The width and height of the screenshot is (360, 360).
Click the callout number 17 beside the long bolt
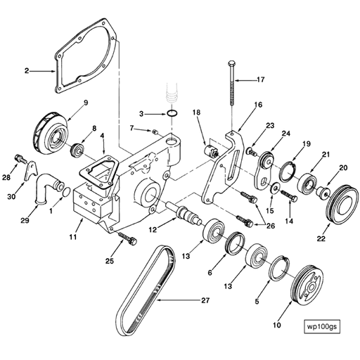click(x=261, y=79)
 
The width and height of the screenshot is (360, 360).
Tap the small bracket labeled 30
click(x=30, y=172)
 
